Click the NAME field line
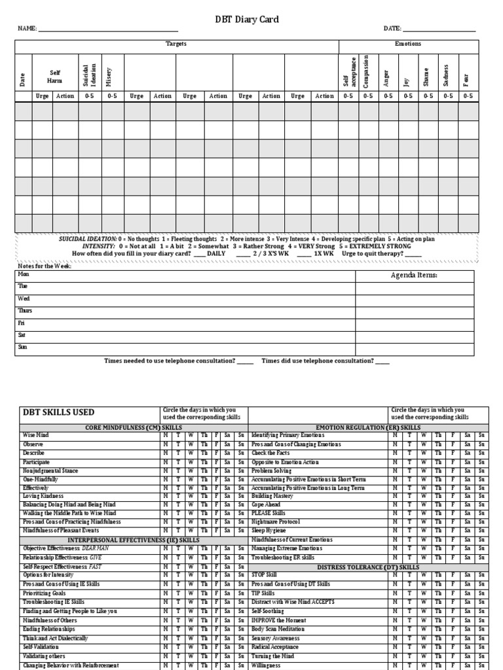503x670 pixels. pos(108,30)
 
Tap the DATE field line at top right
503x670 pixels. pos(439,30)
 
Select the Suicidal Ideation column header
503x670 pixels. pos(91,72)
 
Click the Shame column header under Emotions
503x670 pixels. pos(426,75)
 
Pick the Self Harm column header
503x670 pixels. pos(54,76)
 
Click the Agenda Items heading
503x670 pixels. pos(414,275)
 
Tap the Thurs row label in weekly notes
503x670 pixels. pos(25,311)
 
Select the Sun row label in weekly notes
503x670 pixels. pos(23,347)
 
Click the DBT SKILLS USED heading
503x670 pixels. pos(59,412)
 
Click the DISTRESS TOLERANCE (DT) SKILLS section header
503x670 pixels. pos(369,567)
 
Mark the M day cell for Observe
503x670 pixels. pos(166,444)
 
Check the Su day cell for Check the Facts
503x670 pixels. pos(481,453)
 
